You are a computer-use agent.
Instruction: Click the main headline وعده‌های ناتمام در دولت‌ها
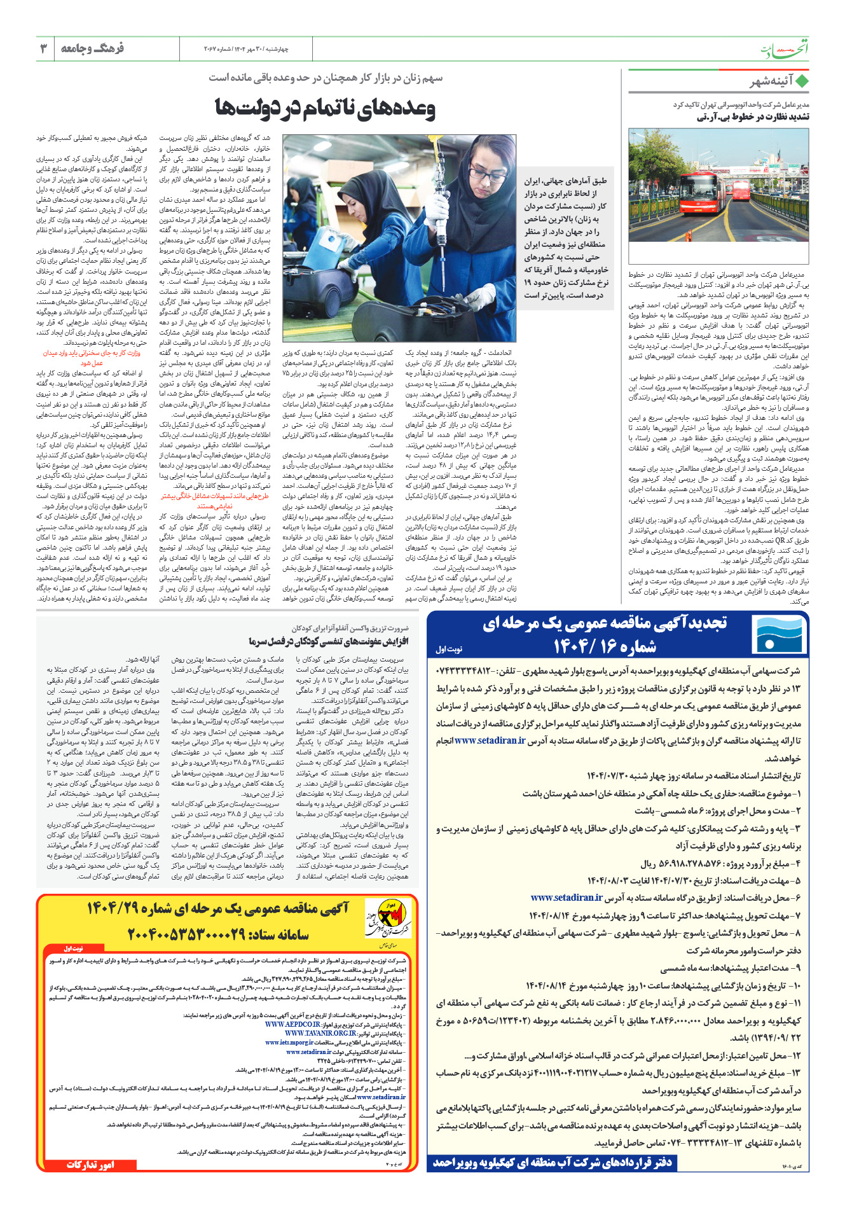[x=325, y=109]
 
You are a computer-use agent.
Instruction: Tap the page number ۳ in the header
[x=43, y=48]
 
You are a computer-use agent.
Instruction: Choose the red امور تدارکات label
[x=91, y=1165]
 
